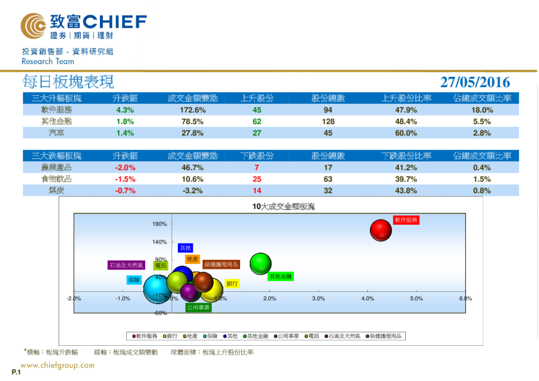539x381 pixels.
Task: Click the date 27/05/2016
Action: click(475, 82)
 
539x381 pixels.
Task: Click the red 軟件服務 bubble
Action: click(381, 230)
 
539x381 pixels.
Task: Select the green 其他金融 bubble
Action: click(261, 263)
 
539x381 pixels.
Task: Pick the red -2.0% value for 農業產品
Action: click(125, 167)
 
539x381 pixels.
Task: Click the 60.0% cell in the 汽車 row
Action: click(405, 133)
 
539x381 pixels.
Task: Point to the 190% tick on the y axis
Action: click(159, 224)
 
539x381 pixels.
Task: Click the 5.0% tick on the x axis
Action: click(416, 298)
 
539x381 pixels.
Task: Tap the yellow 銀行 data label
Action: click(232, 283)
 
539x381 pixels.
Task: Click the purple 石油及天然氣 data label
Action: click(127, 264)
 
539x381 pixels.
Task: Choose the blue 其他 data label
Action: click(185, 248)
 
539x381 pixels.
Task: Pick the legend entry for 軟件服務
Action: click(146, 336)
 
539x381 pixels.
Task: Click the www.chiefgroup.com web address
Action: click(58, 366)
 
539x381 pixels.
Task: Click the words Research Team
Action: click(48, 61)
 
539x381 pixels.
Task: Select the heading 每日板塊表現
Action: click(68, 82)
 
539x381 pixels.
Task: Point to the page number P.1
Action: click(17, 372)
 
